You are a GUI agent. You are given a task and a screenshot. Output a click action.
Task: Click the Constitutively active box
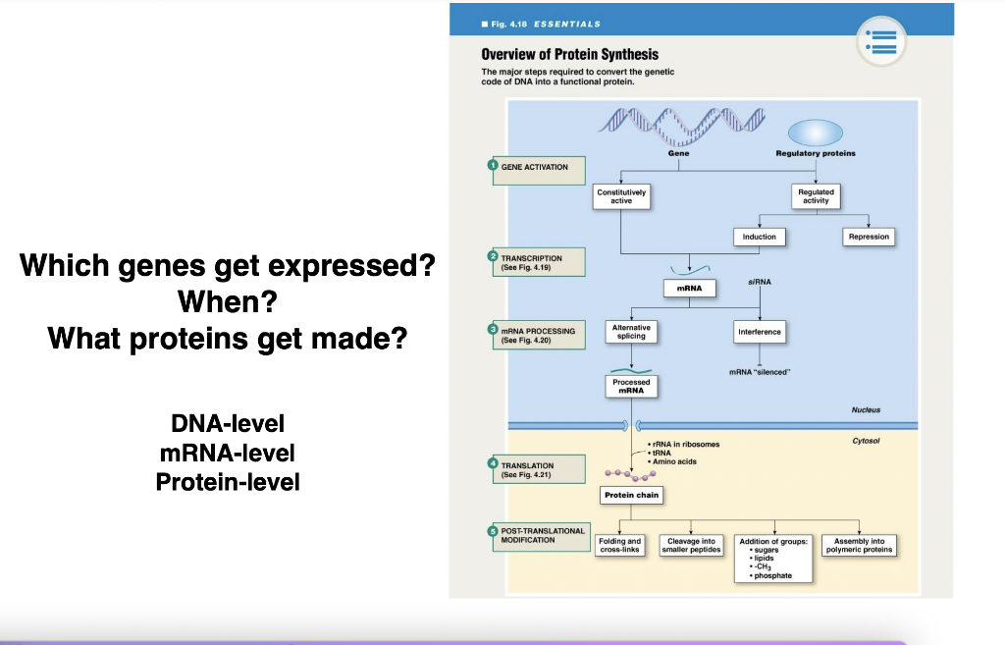[621, 196]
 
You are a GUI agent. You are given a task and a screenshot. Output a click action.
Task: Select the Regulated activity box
[816, 196]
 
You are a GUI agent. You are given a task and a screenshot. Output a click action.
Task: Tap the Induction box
[759, 237]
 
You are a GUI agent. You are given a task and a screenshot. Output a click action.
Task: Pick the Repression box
[869, 237]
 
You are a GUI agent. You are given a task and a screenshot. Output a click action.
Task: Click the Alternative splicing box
[631, 332]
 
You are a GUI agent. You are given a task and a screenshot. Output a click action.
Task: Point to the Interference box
[759, 332]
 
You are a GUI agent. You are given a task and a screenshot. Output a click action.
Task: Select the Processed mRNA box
[631, 386]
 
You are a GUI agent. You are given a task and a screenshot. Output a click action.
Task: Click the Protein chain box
[631, 496]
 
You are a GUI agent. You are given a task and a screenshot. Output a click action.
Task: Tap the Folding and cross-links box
[619, 545]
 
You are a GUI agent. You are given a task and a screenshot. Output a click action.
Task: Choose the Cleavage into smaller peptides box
[691, 545]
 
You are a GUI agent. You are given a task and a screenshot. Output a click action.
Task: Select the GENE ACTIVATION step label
[536, 168]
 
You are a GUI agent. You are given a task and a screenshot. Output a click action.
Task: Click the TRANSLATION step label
[536, 469]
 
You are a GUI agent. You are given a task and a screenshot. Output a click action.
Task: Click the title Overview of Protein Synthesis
[569, 54]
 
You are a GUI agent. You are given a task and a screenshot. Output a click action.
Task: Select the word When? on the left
[227, 301]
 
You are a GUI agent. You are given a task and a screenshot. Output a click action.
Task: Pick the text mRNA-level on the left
[227, 453]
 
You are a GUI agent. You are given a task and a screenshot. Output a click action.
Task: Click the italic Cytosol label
[867, 441]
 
